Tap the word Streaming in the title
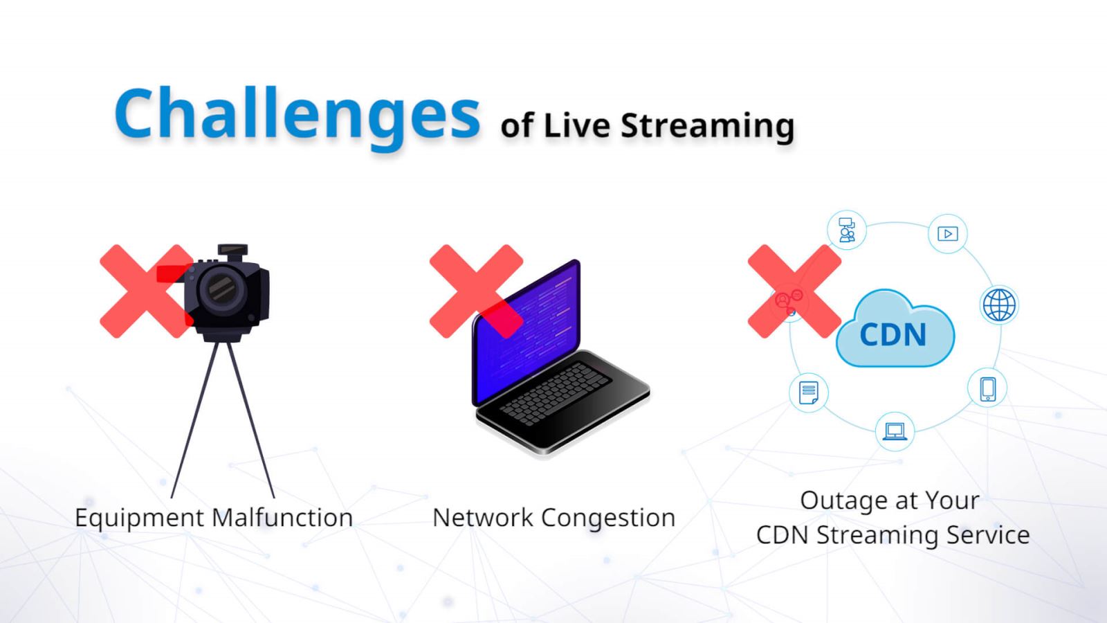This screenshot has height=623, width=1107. point(707,127)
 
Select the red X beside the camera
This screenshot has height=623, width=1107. point(147,291)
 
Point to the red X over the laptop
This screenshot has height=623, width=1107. point(477,291)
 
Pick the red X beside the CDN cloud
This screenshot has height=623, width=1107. point(795,291)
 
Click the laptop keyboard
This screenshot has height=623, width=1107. point(555,394)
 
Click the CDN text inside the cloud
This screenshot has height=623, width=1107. point(893,335)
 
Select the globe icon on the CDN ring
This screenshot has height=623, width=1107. point(999,305)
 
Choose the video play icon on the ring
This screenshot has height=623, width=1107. point(948,233)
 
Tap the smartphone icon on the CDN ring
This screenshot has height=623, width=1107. point(987,388)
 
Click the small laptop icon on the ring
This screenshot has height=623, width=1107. point(895,431)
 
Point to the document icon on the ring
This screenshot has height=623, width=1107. point(809,393)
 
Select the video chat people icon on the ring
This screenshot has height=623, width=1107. point(847,230)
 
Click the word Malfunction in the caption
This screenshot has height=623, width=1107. point(282,518)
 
